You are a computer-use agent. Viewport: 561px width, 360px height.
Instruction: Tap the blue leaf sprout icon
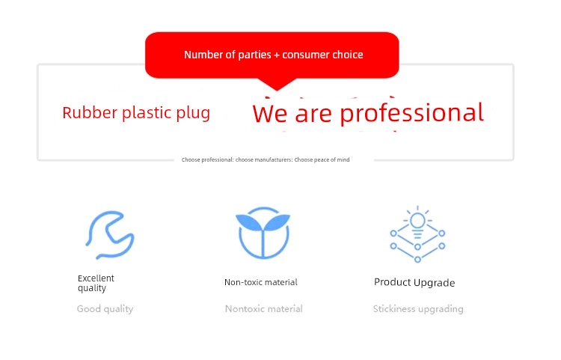[263, 233]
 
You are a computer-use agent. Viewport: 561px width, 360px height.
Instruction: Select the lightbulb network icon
[417, 234]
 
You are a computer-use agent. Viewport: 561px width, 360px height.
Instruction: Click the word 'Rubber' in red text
[90, 113]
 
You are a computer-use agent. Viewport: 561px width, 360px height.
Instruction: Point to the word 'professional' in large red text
[411, 114]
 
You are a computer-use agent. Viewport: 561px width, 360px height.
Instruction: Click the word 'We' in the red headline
[269, 114]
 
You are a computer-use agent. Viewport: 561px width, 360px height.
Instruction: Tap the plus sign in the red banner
[276, 55]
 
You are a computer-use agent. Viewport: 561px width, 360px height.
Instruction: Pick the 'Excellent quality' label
[96, 283]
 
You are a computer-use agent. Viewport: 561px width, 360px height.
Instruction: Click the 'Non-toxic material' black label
[261, 282]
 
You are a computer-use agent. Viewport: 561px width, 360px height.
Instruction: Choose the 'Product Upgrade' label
[414, 283]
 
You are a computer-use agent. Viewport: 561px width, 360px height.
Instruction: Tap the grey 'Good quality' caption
[105, 309]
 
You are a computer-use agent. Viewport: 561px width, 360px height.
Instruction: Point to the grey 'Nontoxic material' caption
[264, 309]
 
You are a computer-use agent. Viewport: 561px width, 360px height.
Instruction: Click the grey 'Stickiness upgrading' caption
[418, 309]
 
